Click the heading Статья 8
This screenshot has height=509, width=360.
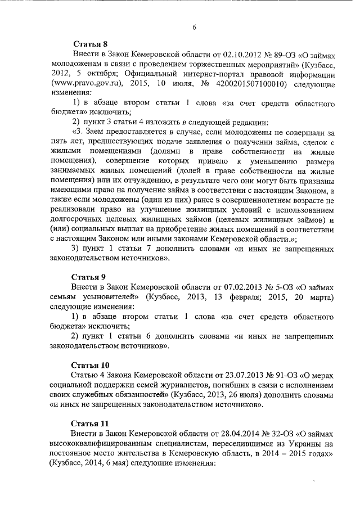click(89, 43)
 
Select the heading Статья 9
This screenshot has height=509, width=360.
click(89, 277)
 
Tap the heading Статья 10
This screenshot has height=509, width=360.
click(92, 363)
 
